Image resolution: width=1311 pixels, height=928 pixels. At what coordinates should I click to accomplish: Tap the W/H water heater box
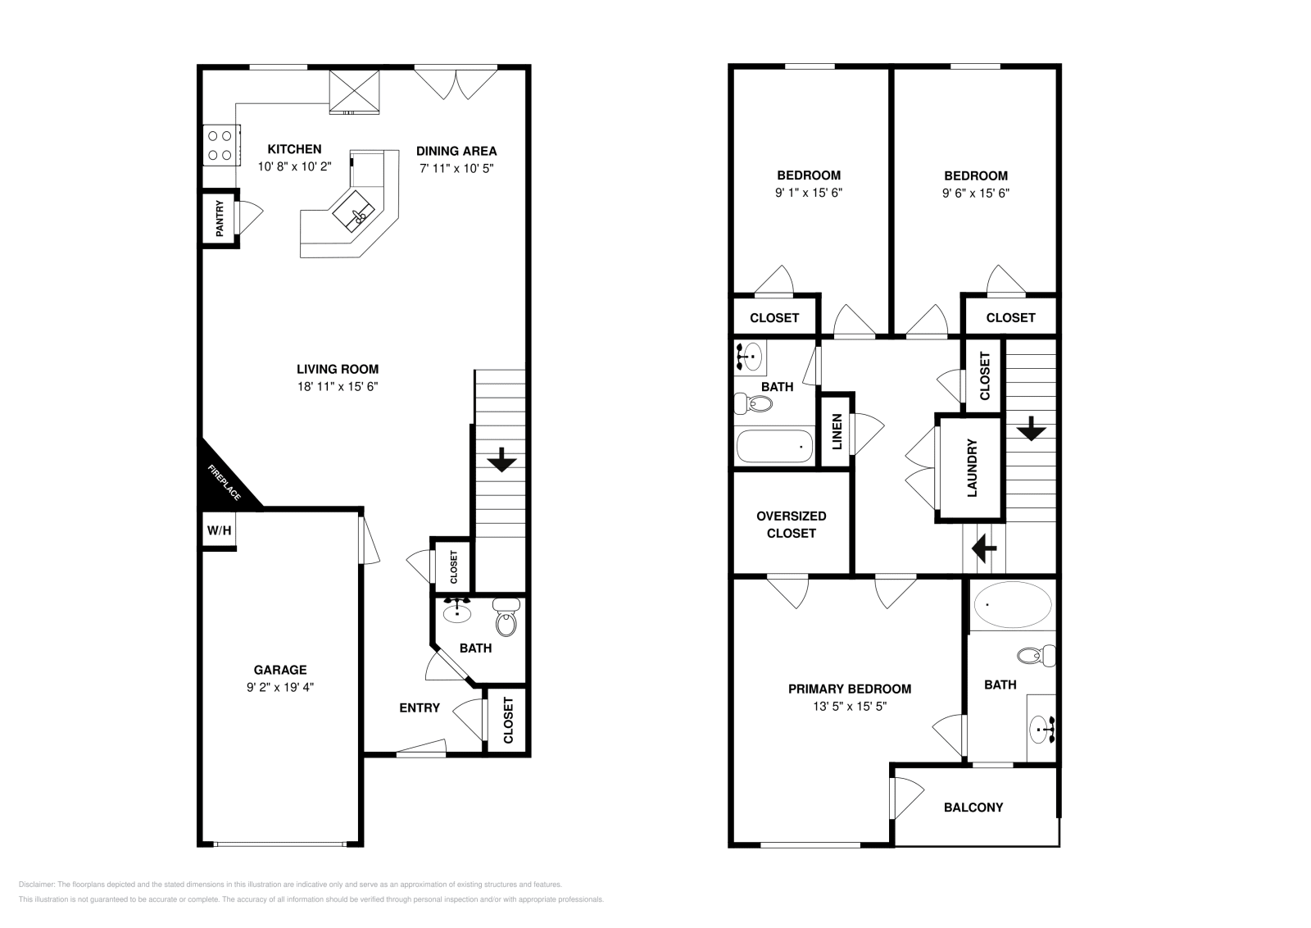coord(219,530)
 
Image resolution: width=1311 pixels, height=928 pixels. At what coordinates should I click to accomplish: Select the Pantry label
coord(220,218)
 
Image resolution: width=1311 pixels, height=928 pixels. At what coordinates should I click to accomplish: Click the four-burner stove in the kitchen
coord(220,145)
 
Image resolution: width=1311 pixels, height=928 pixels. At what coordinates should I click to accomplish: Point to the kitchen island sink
coord(353,212)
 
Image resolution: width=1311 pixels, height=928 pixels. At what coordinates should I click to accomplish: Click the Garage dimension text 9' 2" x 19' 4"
coord(279,687)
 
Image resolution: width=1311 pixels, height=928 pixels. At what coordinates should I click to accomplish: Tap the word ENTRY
coord(419,707)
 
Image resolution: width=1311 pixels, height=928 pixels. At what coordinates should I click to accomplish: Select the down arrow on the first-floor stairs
coord(501,460)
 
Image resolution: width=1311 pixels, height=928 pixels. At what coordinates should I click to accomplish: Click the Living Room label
coord(337,369)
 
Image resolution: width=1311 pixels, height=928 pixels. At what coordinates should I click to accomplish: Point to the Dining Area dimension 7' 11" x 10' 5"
coord(456,169)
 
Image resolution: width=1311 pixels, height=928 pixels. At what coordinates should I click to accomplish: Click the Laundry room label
coord(972,468)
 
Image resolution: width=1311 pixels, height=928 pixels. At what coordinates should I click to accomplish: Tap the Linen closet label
coord(837,431)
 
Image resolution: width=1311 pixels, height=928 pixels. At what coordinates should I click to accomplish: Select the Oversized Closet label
coord(792,525)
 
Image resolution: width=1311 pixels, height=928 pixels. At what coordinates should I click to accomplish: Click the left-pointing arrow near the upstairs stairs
coord(984,548)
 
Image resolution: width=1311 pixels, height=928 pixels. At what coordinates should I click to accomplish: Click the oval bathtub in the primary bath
coord(1013,604)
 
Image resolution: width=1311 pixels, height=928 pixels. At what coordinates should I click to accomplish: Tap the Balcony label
coord(973,807)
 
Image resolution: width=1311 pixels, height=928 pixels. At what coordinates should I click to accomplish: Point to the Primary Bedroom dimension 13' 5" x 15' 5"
coord(849,707)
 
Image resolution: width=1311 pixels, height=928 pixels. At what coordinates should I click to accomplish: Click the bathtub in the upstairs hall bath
coord(774,447)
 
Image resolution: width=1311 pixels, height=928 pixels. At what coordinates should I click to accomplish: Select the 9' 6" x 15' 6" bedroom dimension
coord(976,193)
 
